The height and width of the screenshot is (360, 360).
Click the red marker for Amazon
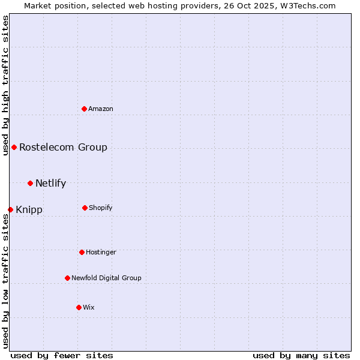tap(85, 109)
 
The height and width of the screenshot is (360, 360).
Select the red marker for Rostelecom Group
tap(14, 147)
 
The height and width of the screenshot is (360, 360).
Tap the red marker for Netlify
tap(30, 183)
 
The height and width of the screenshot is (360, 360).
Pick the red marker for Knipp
tap(10, 209)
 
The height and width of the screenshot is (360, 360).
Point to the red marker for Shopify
tap(85, 208)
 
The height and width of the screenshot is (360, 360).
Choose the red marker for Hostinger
tap(82, 252)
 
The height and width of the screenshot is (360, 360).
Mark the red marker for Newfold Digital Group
tap(67, 278)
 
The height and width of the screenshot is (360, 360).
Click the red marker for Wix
tap(79, 307)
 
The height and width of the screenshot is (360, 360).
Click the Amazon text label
tap(101, 109)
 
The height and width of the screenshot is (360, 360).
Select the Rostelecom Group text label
tap(63, 147)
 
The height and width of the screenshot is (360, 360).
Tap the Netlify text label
tap(50, 183)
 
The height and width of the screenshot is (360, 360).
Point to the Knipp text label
tap(29, 209)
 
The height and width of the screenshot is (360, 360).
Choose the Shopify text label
tap(101, 208)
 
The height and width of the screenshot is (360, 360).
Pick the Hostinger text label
tap(101, 253)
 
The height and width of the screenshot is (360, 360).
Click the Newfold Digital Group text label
tap(106, 278)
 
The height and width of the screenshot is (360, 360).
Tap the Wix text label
tap(89, 308)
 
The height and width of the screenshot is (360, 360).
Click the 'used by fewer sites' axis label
tap(62, 355)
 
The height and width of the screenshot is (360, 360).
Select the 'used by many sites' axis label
tap(301, 355)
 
